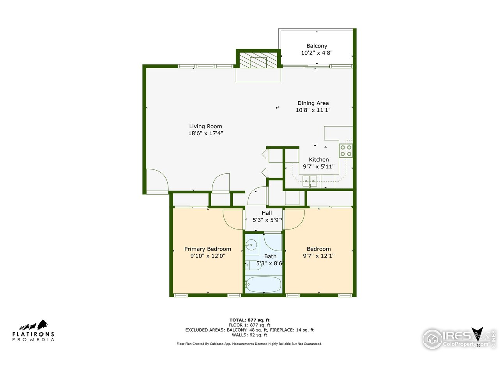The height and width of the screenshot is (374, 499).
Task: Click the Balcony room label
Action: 317,46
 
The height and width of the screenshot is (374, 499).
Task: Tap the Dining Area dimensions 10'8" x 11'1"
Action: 313,110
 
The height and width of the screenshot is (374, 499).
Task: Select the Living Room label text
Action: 205,126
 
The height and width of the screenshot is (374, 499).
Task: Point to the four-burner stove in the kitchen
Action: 345,150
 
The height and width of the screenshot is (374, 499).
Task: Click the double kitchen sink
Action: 310,181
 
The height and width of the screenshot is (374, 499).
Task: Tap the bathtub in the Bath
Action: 264,284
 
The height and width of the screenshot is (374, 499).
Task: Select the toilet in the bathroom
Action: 253,265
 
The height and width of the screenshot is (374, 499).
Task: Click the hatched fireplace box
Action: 258,60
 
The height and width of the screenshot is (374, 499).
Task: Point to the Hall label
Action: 266,213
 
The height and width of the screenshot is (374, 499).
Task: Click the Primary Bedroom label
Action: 207,249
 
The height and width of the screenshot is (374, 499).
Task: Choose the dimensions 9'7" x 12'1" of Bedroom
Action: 319,256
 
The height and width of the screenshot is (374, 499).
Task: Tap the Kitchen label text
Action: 319,160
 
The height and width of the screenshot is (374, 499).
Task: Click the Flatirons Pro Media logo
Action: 33,331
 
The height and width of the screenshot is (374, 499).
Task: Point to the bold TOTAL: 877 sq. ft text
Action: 249,320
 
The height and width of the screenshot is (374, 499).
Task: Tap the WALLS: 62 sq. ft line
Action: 249,335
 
